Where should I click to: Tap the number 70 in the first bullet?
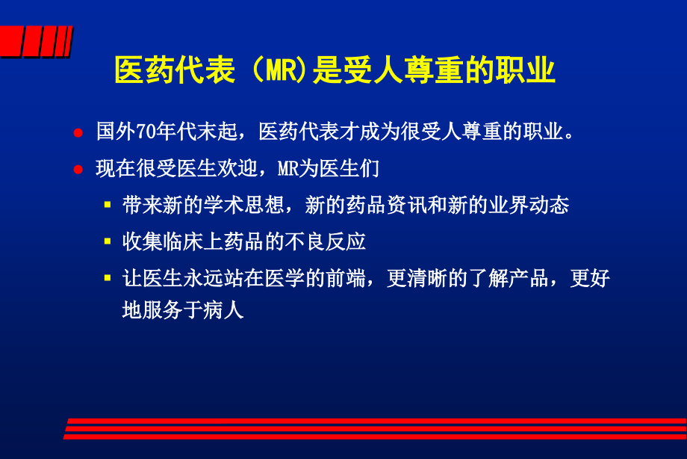(144, 132)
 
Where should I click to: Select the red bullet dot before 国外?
(78, 133)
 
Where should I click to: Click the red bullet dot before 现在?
(78, 169)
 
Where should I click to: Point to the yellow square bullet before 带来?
(108, 204)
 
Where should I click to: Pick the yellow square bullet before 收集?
(108, 241)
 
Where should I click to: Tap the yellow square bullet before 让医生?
(108, 278)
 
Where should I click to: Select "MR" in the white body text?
(288, 168)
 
